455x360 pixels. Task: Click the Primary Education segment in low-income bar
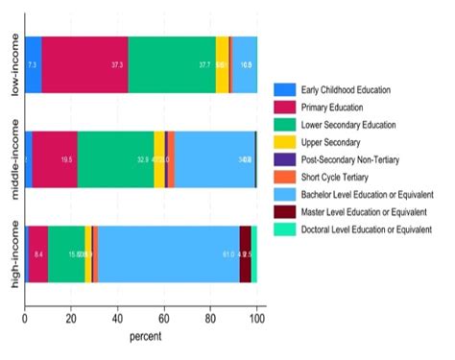point(84,64)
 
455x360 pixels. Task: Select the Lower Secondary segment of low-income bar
point(172,64)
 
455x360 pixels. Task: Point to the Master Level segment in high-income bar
point(245,254)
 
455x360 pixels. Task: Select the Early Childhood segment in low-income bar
point(33,64)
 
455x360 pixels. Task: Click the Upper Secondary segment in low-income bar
point(222,64)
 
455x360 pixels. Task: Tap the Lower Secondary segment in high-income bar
point(66,254)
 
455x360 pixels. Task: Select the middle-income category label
point(13,158)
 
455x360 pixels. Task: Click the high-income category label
point(13,254)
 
